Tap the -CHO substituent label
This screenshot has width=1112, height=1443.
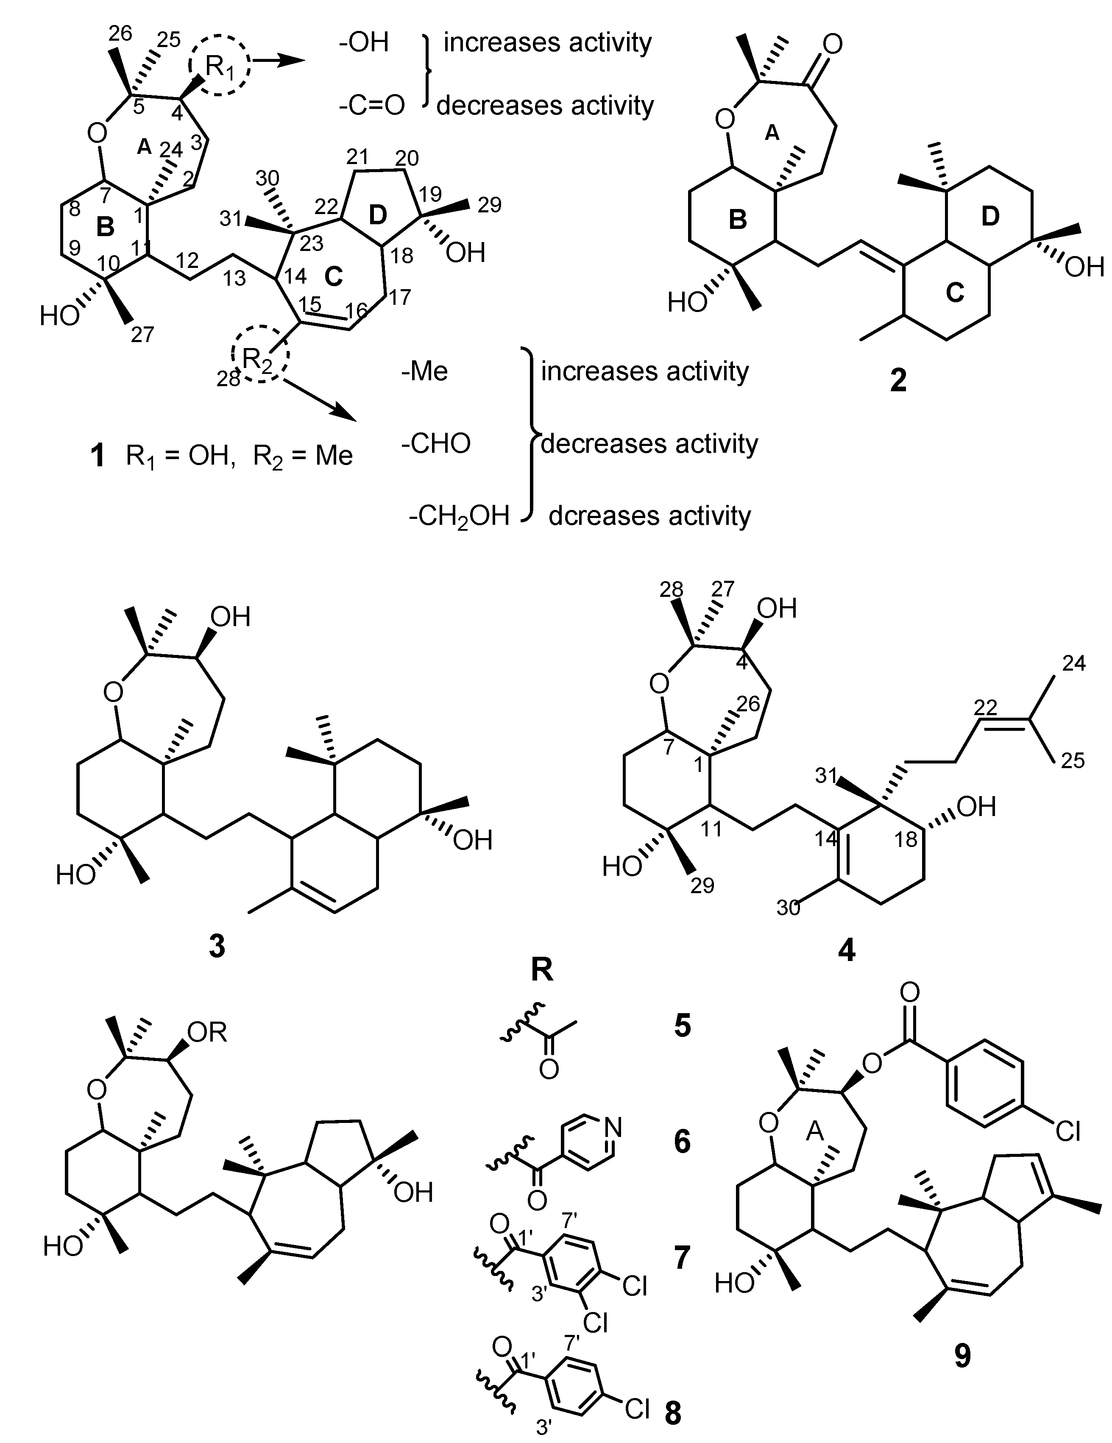[x=436, y=443]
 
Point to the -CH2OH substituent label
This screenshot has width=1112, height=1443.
[x=459, y=516]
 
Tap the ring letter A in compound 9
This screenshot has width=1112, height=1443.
[x=815, y=1132]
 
